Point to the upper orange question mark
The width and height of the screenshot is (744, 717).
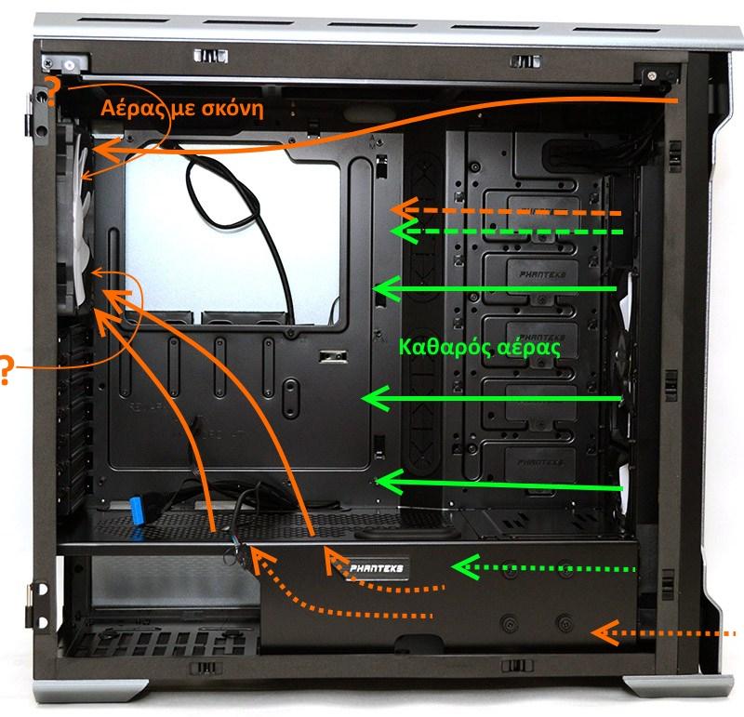[52, 92]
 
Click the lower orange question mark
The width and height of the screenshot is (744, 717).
[6, 370]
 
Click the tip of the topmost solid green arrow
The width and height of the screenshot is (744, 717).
[381, 290]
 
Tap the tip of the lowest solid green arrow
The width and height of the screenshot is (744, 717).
[381, 482]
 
